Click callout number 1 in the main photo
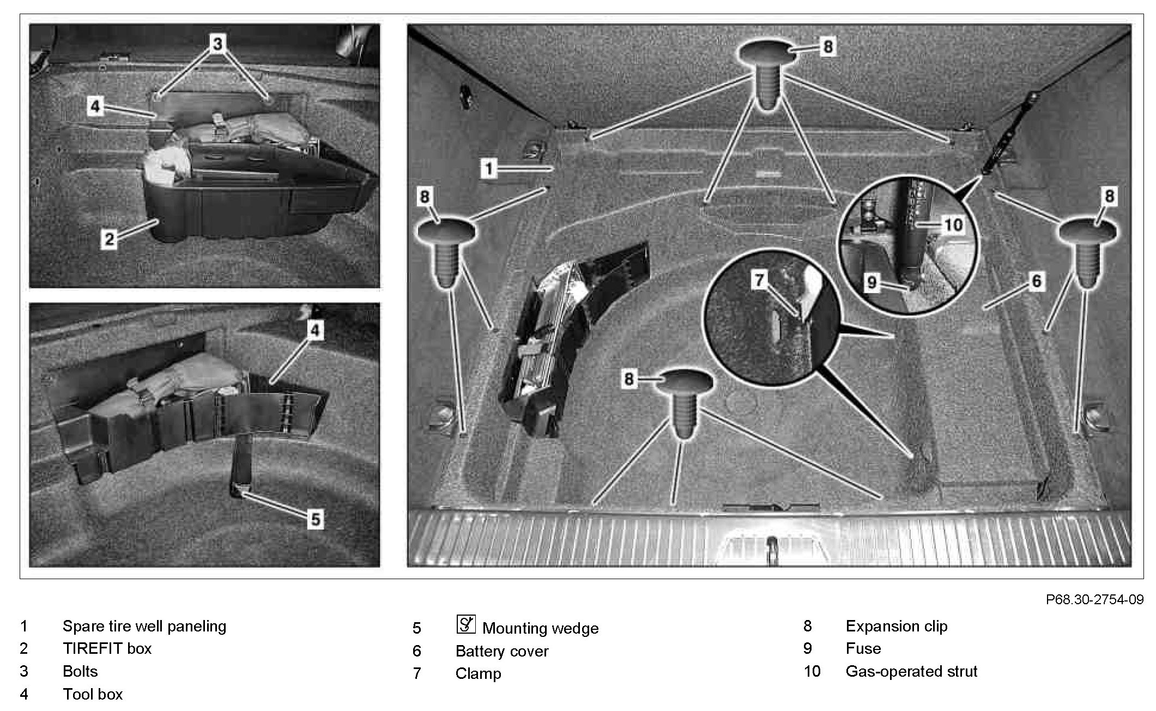click(x=489, y=168)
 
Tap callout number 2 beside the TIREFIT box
click(x=109, y=239)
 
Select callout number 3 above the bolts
click(x=217, y=43)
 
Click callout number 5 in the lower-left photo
click(x=316, y=519)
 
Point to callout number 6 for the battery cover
click(x=1036, y=281)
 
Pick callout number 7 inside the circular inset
click(x=759, y=280)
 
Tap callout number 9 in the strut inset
click(x=871, y=282)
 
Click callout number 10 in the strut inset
click(x=953, y=224)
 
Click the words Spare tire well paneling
click(x=144, y=626)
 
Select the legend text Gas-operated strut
click(x=911, y=671)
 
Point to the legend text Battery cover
click(x=502, y=651)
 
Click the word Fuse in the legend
click(x=863, y=648)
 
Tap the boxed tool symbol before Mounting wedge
click(x=466, y=624)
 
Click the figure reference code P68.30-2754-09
click(x=1094, y=599)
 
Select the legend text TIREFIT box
click(x=107, y=648)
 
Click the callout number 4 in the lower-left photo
click(x=316, y=330)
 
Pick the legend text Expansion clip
click(x=897, y=626)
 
